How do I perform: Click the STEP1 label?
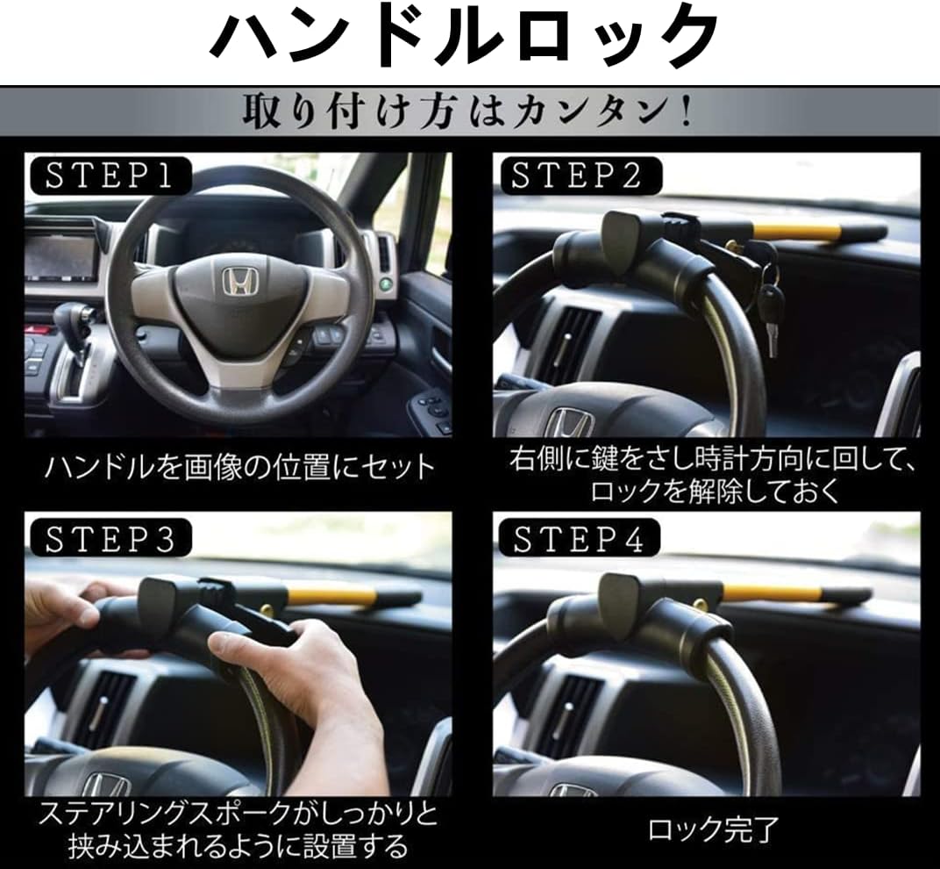click(x=109, y=176)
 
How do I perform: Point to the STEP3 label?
click(x=110, y=539)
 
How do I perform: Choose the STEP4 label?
click(x=579, y=539)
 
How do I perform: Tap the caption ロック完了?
click(x=712, y=828)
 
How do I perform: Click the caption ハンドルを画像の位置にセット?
click(x=239, y=466)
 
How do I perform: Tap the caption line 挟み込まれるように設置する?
click(x=239, y=847)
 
